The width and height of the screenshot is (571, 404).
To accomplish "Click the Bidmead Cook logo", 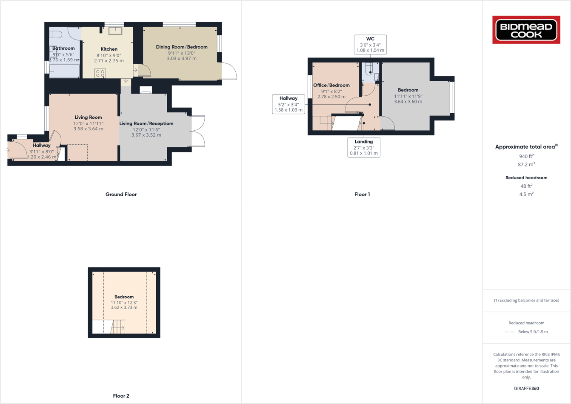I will (526, 30).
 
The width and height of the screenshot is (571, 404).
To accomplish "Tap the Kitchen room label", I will (109, 49).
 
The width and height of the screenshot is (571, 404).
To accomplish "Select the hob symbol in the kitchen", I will (100, 73).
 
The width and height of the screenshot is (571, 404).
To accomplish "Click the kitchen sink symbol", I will (115, 31).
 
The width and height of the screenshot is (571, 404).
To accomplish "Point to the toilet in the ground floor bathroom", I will (56, 34).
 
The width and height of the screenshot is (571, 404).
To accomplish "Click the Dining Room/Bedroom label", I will (182, 47).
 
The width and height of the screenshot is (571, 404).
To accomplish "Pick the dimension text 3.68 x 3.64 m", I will (88, 129).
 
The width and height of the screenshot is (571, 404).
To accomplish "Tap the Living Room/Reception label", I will (146, 123).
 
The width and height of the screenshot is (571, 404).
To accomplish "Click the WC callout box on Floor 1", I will (370, 44).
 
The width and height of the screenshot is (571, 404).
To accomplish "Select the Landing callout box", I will (364, 147).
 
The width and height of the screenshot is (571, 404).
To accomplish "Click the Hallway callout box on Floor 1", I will (288, 104).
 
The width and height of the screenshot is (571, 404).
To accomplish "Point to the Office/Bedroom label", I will (331, 85).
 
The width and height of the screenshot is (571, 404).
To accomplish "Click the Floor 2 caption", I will (121, 396).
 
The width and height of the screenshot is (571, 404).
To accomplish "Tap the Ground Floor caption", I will (121, 195).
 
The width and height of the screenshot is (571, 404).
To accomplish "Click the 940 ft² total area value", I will (526, 156).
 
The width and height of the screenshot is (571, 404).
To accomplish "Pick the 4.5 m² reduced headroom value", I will (526, 194).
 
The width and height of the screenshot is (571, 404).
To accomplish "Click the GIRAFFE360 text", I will (526, 388).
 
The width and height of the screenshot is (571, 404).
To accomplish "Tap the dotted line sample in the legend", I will (510, 332).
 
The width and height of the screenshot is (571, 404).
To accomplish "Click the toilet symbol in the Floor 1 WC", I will (369, 69).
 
